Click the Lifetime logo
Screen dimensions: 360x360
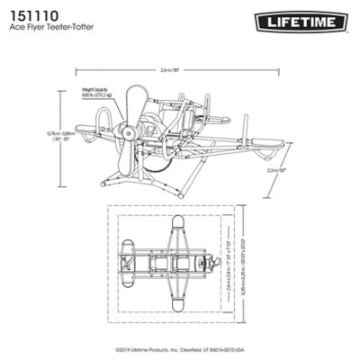point(305,19)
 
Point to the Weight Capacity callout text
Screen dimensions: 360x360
point(101,94)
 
